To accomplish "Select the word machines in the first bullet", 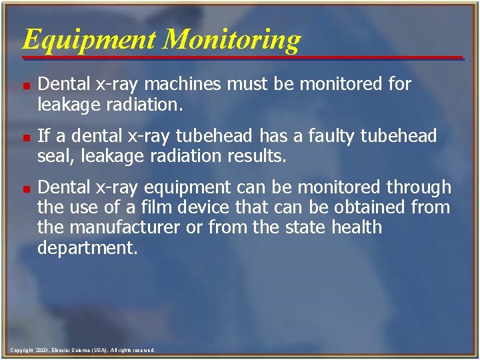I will click(190, 84).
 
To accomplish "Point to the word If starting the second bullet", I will click(44, 136).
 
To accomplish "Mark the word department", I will click(87, 248).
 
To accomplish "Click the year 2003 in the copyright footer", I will click(43, 350).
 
